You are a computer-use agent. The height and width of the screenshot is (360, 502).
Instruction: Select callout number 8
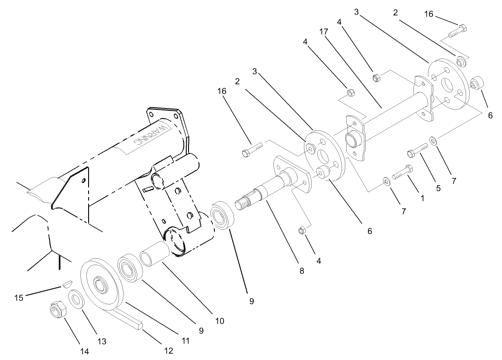point(302,271)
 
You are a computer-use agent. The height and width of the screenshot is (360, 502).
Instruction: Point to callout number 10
point(219,321)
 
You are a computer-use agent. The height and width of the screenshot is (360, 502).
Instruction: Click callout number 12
point(169,350)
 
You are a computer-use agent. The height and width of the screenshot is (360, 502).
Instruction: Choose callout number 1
point(422,198)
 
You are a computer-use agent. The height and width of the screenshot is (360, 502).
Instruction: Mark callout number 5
point(438,188)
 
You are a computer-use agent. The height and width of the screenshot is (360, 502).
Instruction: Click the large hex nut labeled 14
point(58,311)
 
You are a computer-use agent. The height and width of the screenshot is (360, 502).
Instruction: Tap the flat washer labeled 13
point(75,300)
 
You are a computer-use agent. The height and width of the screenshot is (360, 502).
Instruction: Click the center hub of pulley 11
point(99,285)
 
